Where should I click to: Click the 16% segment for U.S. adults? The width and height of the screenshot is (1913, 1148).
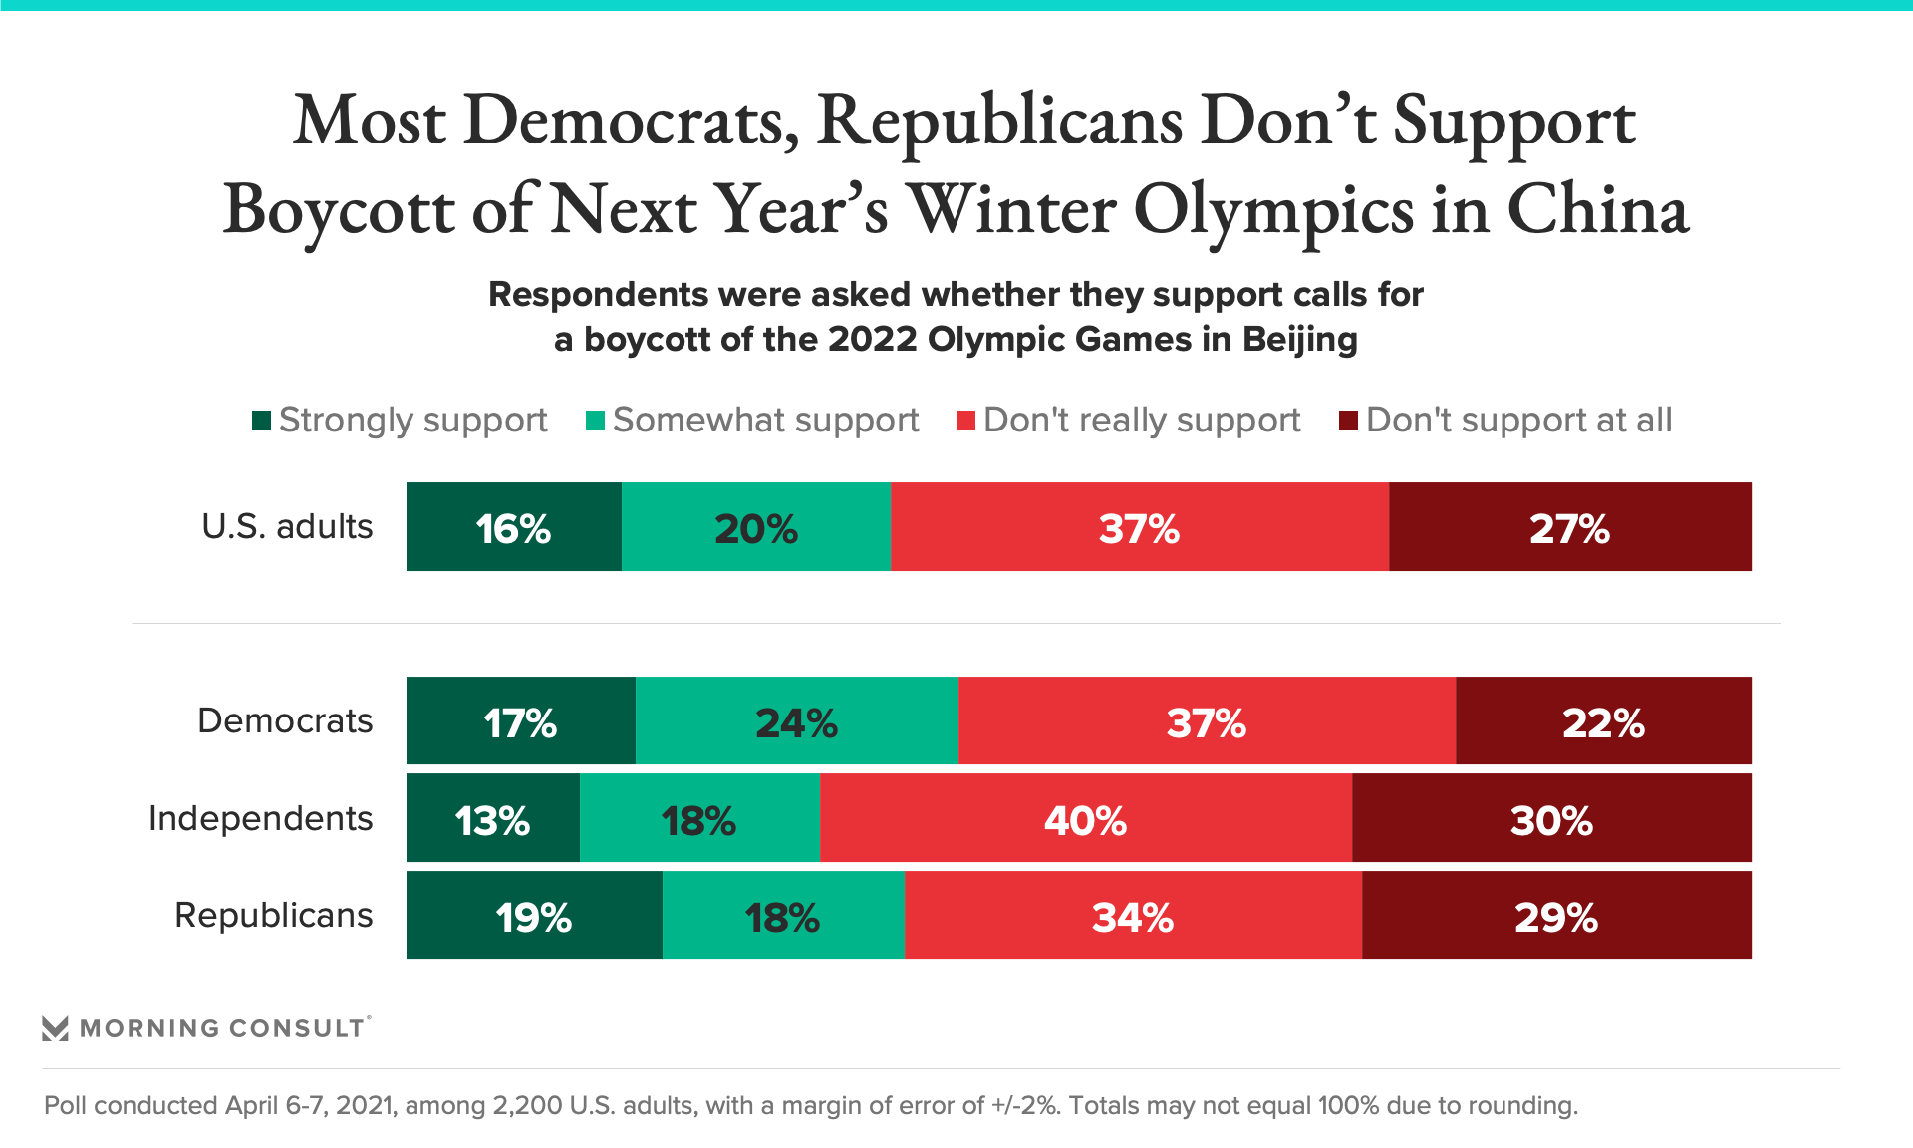(x=514, y=527)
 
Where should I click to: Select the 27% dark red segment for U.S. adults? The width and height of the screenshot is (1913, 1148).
(x=1569, y=527)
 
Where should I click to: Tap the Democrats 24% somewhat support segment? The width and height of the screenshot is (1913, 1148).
(x=796, y=721)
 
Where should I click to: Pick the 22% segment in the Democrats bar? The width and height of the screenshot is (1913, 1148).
(x=1603, y=721)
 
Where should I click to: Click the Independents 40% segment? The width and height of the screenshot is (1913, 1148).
(x=1086, y=819)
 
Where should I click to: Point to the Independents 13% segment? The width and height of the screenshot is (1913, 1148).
(x=493, y=819)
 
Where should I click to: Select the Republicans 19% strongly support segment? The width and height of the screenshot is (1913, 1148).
(x=534, y=916)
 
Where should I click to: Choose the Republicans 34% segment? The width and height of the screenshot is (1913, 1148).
(x=1133, y=916)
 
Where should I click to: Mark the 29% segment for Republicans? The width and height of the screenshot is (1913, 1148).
(x=1556, y=916)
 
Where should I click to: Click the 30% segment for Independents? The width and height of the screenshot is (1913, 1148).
(x=1551, y=819)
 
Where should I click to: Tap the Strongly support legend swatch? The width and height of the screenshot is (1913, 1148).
(x=262, y=421)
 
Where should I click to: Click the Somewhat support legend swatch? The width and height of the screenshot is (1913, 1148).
(x=596, y=421)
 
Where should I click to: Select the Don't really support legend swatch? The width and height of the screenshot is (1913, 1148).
(x=965, y=421)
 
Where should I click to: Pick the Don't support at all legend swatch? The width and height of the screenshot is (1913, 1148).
(x=1348, y=421)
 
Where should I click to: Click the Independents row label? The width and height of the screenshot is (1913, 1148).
(x=260, y=818)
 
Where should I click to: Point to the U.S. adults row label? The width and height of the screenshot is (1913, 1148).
(x=287, y=526)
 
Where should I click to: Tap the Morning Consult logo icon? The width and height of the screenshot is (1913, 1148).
(x=56, y=1028)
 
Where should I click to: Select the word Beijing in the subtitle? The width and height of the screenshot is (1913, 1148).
(x=1300, y=340)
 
